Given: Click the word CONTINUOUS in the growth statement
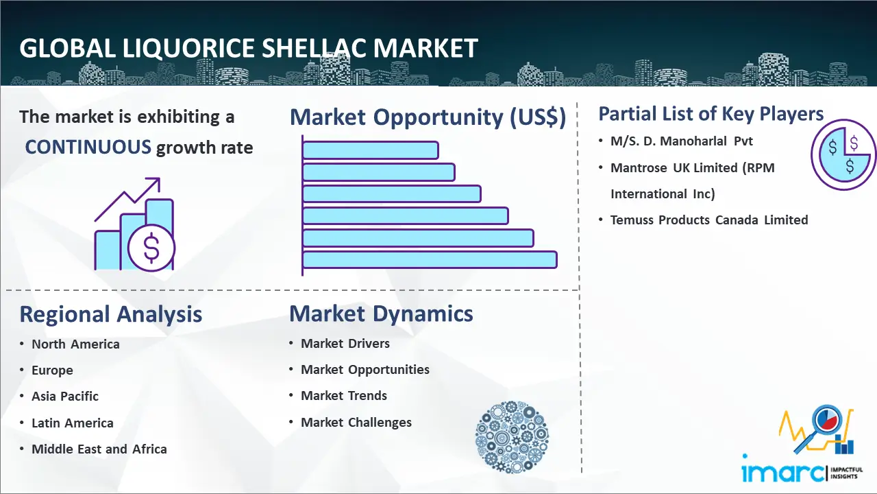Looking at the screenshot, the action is pyautogui.click(x=88, y=148).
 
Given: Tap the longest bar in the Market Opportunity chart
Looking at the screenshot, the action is pyautogui.click(x=430, y=260).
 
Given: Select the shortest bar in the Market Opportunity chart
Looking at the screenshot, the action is pyautogui.click(x=371, y=150).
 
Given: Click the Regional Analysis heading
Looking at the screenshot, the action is pyautogui.click(x=111, y=315).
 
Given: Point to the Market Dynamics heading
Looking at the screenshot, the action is pyautogui.click(x=381, y=314).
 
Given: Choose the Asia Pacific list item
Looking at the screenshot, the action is pyautogui.click(x=65, y=397).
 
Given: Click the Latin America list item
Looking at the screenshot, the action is pyautogui.click(x=73, y=423).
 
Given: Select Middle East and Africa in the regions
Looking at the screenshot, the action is pyautogui.click(x=99, y=449).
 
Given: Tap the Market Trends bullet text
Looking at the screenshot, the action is pyautogui.click(x=344, y=396).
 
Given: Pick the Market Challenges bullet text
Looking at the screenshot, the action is pyautogui.click(x=356, y=422).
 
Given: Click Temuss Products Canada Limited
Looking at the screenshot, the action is pyautogui.click(x=709, y=220).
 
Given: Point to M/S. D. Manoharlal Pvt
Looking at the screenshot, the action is pyautogui.click(x=682, y=141).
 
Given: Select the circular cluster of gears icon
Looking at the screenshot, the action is pyautogui.click(x=512, y=437).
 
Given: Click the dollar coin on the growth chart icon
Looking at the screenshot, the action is pyautogui.click(x=151, y=248).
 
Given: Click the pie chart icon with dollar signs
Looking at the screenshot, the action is pyautogui.click(x=843, y=155).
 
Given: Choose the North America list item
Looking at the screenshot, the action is pyautogui.click(x=75, y=344).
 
